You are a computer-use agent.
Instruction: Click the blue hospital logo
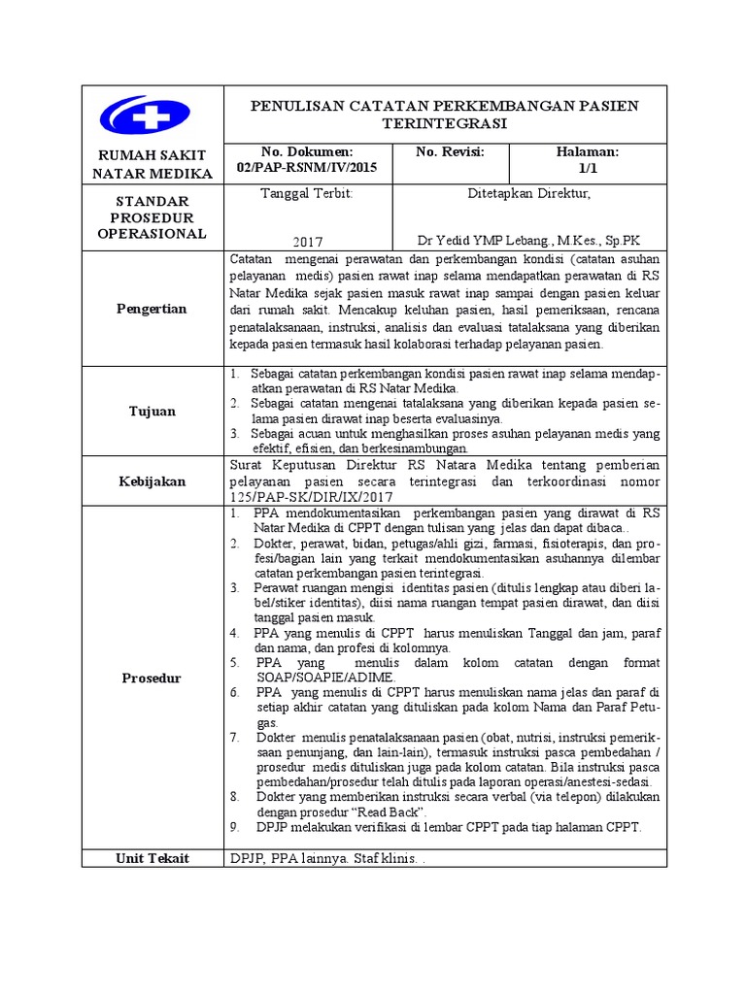tap(151, 116)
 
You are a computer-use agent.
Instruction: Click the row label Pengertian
tap(153, 309)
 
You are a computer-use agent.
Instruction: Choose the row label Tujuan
tap(153, 411)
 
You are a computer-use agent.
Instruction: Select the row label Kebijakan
tap(153, 480)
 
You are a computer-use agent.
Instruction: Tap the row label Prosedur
tap(153, 678)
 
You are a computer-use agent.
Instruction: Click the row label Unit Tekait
tap(153, 858)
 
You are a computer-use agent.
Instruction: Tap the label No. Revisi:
tap(449, 152)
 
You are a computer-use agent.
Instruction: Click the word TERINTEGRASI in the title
tap(446, 124)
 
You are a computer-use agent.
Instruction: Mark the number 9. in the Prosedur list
tap(235, 827)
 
